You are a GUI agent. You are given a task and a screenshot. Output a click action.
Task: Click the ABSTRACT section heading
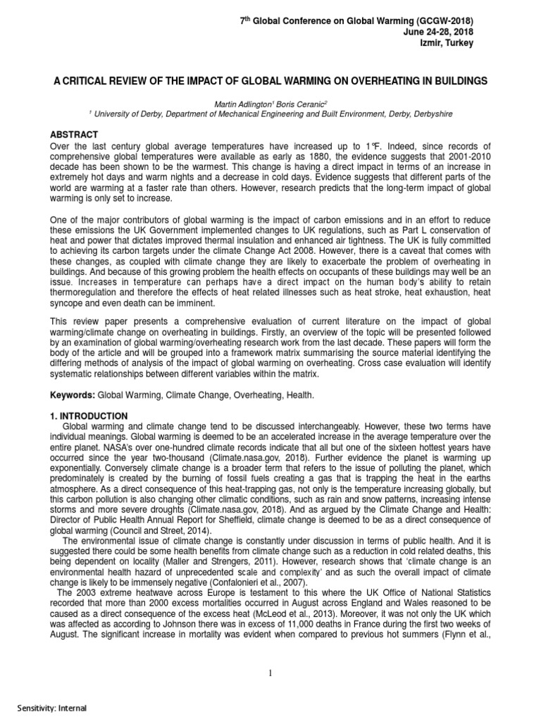point(73,134)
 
